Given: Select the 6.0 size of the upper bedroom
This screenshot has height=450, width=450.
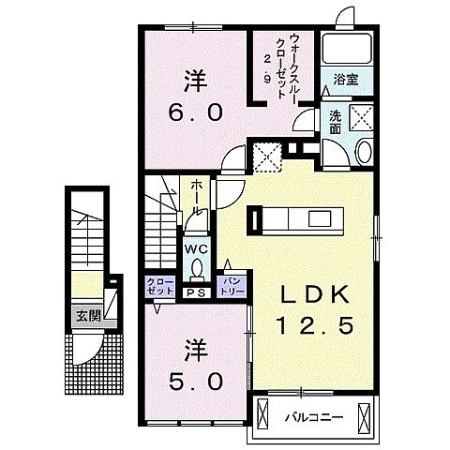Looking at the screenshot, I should [197, 113].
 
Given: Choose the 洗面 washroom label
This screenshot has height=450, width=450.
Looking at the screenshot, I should [335, 122].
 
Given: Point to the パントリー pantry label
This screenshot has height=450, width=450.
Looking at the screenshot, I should [231, 285].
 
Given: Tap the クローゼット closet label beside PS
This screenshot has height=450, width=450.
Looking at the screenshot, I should [157, 285].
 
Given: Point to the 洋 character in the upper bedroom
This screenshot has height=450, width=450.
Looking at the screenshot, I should [195, 82].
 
